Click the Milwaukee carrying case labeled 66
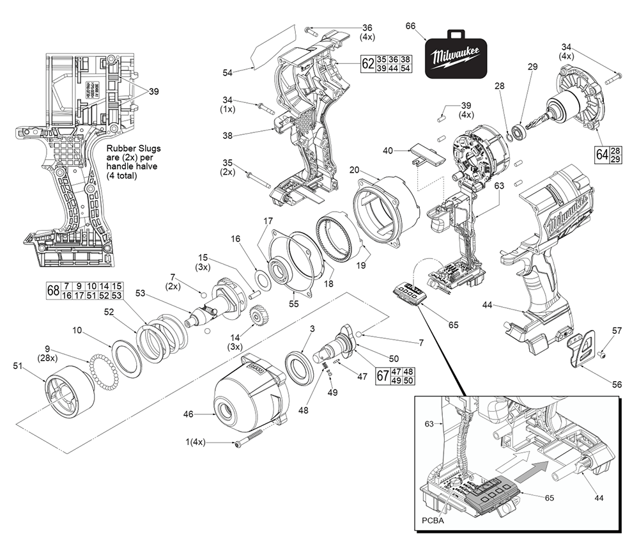click(x=455, y=56)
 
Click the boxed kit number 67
click(x=382, y=375)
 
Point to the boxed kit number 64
click(x=601, y=154)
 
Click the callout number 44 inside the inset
click(x=599, y=498)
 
